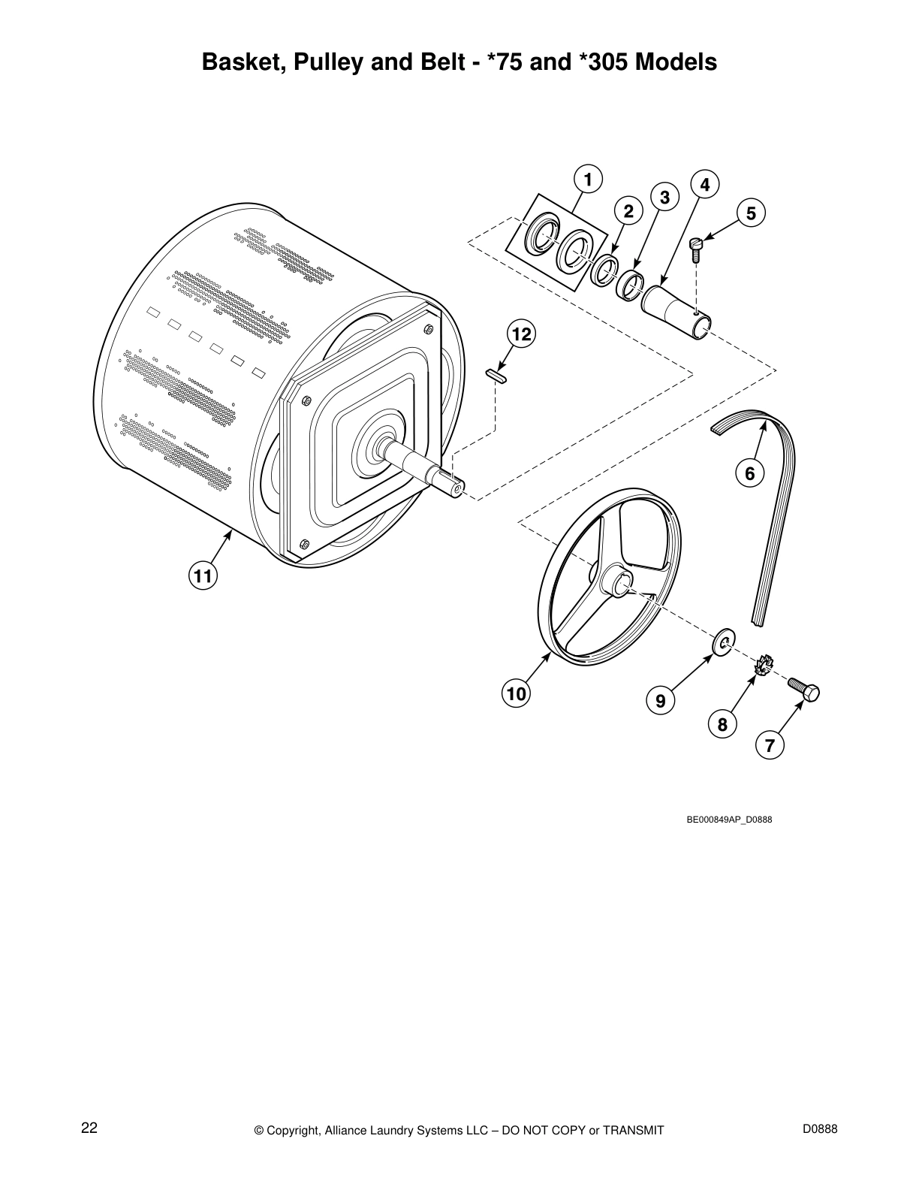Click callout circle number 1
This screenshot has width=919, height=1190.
(x=588, y=180)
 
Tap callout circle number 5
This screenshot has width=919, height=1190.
(x=751, y=213)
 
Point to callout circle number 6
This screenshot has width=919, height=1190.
(x=749, y=473)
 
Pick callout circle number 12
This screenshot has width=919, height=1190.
(x=521, y=334)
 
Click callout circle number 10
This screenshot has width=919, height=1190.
(x=516, y=693)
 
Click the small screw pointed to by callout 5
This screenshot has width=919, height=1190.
(x=696, y=249)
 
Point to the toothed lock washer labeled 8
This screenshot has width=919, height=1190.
(x=764, y=665)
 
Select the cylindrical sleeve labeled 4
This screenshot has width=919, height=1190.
(x=675, y=309)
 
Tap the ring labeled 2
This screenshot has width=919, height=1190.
(x=604, y=270)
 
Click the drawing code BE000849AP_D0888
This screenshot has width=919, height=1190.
(x=729, y=820)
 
